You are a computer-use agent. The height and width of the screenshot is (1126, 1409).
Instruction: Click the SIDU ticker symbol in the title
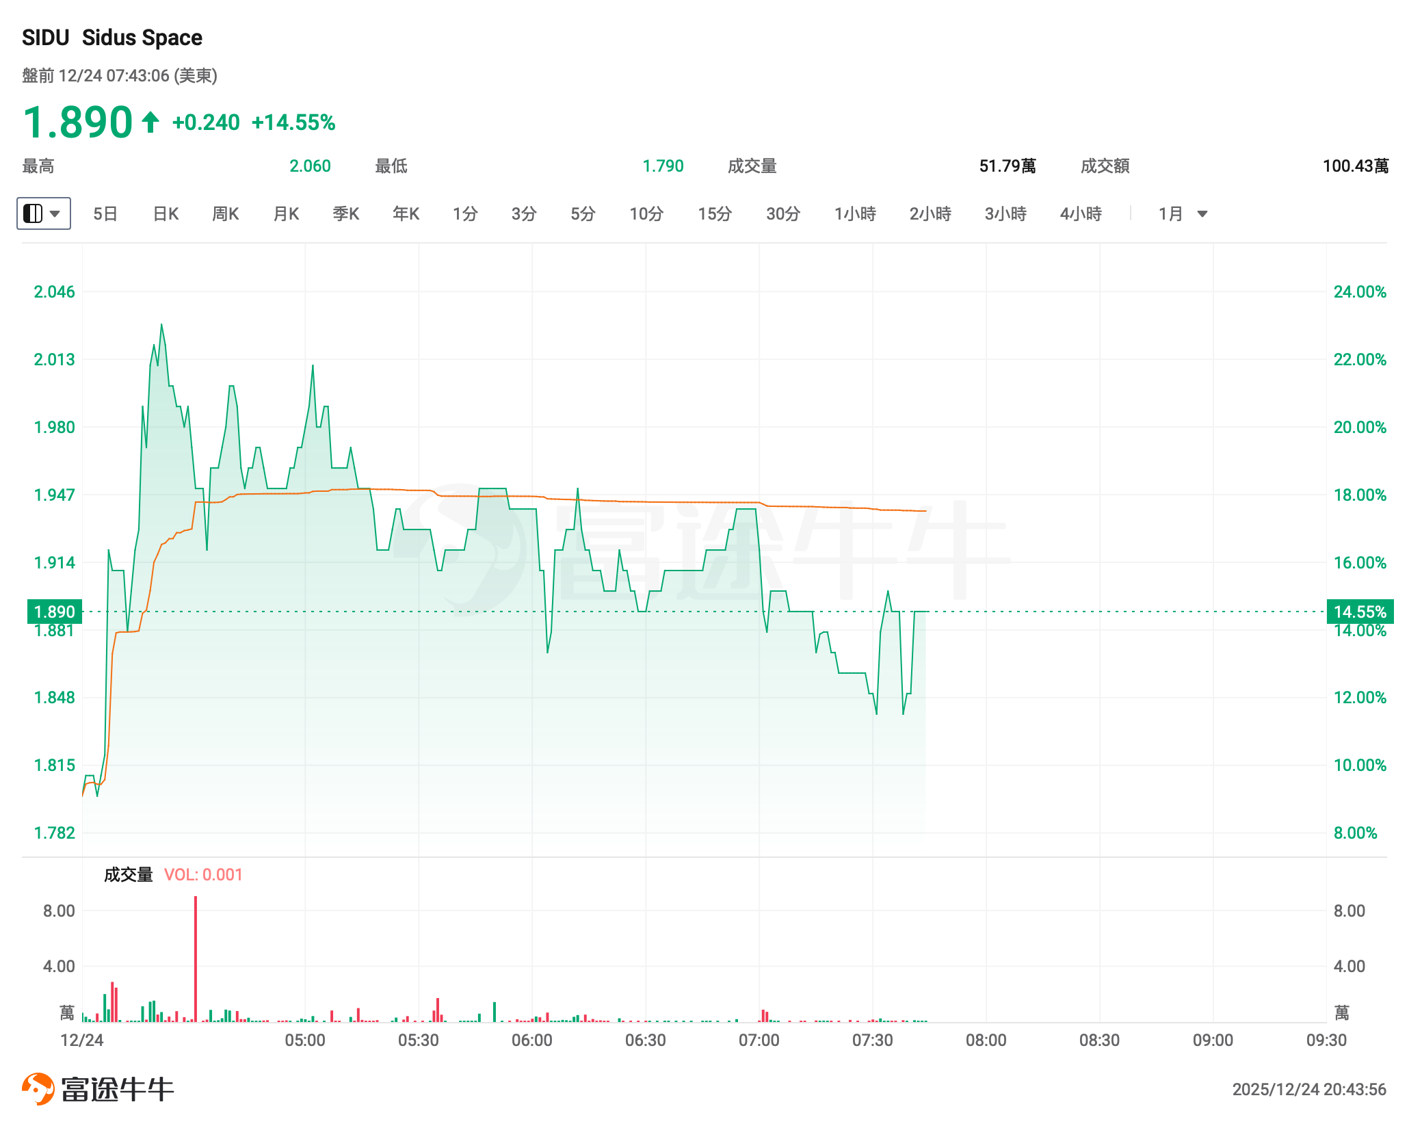click(x=45, y=38)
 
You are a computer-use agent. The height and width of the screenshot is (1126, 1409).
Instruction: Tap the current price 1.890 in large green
click(x=77, y=122)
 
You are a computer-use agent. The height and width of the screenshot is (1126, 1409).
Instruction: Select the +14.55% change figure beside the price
click(x=293, y=122)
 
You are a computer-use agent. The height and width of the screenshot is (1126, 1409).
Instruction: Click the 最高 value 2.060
click(x=310, y=166)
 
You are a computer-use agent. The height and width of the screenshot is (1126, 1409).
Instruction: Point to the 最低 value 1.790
click(x=663, y=166)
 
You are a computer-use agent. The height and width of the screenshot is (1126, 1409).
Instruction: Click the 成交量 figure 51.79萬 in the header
click(x=1007, y=166)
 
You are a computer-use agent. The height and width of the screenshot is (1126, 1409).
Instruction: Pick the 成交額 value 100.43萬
click(x=1355, y=166)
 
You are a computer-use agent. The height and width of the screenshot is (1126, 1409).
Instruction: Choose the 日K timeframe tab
click(x=166, y=214)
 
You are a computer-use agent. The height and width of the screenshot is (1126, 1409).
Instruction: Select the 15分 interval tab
click(x=715, y=214)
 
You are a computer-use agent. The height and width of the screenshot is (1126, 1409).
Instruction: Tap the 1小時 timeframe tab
click(x=855, y=214)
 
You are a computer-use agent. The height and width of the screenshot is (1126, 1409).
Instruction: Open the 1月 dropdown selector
click(x=1183, y=214)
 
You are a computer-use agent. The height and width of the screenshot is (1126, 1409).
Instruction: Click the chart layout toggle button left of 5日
click(x=43, y=213)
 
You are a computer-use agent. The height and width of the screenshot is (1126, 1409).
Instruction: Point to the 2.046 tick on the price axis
click(x=54, y=292)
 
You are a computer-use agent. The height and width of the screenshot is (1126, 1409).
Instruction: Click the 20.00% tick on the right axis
click(x=1360, y=428)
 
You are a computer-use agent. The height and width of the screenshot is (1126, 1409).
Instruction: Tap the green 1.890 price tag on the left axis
click(x=54, y=612)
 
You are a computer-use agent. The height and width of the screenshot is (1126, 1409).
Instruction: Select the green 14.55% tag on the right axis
click(x=1360, y=612)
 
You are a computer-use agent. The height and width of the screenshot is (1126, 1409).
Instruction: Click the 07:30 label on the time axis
click(x=872, y=1040)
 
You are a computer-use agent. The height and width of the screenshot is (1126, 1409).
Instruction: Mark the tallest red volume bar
click(x=196, y=958)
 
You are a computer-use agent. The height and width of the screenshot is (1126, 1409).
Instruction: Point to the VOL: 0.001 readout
click(x=203, y=875)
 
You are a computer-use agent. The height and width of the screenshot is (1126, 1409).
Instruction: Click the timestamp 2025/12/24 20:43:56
click(x=1308, y=1089)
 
